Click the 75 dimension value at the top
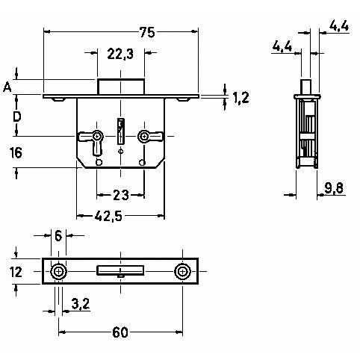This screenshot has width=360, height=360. tap(147, 32)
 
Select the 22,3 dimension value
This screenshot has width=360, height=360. tap(120, 54)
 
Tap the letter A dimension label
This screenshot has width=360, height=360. tap(7, 87)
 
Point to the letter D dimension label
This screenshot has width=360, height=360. tap(16, 117)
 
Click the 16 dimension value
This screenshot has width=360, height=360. tap(16, 152)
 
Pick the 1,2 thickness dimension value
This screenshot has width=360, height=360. tap(240, 97)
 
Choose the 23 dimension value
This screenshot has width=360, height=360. tap(121, 195)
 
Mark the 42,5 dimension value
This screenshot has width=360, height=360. tap(108, 216)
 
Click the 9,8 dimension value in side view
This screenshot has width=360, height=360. tap(334, 188)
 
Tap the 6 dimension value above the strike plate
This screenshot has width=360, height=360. tap(58, 235)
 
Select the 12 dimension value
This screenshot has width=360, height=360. tap(16, 272)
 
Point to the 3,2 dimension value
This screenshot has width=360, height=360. tap(81, 303)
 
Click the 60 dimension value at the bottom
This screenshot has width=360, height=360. tap(120, 332)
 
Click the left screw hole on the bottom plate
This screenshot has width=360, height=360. tap(58, 271)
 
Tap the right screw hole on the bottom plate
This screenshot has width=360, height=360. tap(182, 271)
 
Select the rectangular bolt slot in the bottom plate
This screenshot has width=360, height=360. tap(120, 270)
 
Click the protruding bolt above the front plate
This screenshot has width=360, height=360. tap(121, 87)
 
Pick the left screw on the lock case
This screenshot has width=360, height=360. tap(97, 136)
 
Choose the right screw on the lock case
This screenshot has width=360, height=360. tap(143, 136)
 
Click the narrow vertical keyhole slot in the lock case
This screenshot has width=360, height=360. tap(121, 131)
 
